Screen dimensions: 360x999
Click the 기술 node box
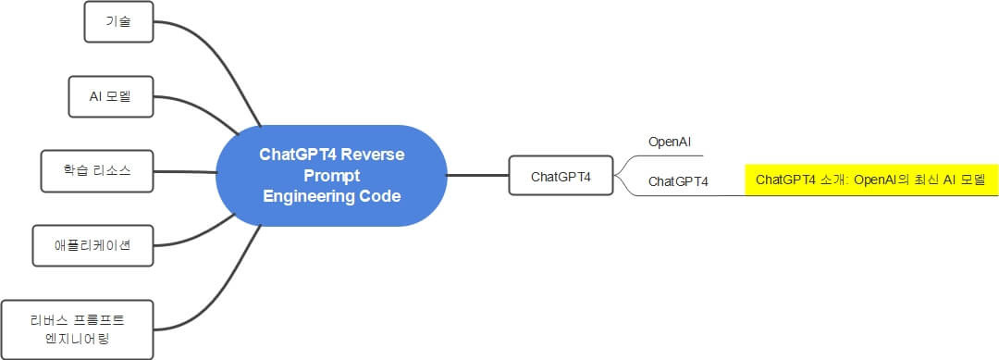click(117, 22)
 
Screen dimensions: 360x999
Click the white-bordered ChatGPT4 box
click(561, 176)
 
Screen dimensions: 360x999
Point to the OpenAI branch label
click(670, 142)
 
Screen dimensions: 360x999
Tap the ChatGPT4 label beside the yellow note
click(677, 182)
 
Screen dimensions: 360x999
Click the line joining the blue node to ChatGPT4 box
click(477, 174)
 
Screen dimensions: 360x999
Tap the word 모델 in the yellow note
click(973, 180)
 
